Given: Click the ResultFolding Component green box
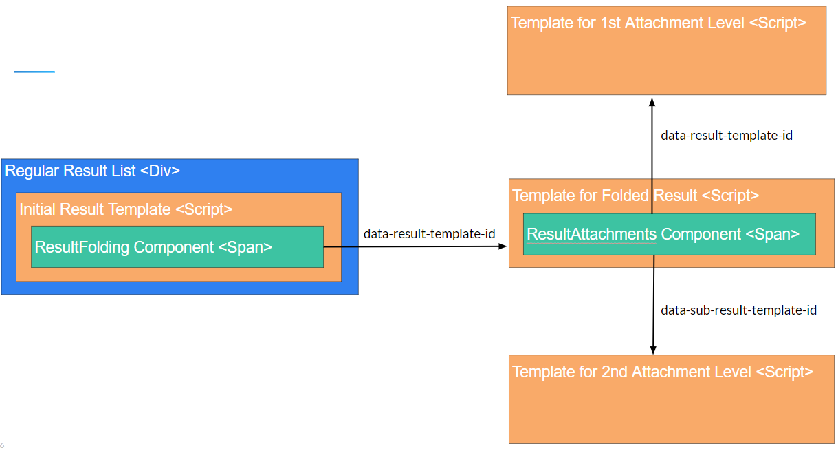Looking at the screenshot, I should pos(177,246).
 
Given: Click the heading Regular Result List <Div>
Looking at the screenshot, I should pos(92,171).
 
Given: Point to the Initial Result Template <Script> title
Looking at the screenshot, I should pos(126,209).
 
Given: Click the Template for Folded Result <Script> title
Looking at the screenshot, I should pos(636,196).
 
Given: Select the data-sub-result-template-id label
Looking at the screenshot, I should pos(738,310).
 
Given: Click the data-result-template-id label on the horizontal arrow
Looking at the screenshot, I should pos(429,234).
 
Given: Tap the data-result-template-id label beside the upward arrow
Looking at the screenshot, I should pos(727,136).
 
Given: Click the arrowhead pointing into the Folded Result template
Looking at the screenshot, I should pos(502,246).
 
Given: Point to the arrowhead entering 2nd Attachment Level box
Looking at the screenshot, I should pos(652,349).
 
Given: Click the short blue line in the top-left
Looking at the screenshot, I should pos(34,72).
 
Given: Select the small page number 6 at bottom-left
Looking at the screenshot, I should pos(2,445).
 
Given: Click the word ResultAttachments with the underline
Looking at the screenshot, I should pos(591,234).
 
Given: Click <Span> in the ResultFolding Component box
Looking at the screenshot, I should pos(245,247).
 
